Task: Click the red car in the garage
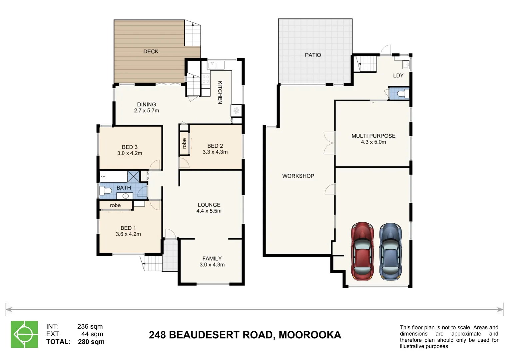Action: tap(362, 251)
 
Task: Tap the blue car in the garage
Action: tap(390, 252)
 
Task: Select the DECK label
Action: tap(151, 52)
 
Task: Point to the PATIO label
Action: tap(313, 55)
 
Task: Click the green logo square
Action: tap(24, 334)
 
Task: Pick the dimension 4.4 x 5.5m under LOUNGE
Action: tap(209, 211)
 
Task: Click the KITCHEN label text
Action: tap(220, 92)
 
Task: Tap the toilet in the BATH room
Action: tap(106, 190)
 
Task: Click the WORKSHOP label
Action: tap(298, 176)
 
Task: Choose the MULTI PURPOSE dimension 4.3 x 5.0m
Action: tap(373, 142)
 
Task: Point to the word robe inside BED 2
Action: tap(184, 143)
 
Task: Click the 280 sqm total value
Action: tap(91, 342)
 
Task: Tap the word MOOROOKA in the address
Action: tap(310, 335)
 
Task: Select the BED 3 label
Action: tap(130, 147)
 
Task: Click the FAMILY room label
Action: tap(212, 259)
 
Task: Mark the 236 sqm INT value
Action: tap(90, 327)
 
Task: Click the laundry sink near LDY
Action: tap(406, 65)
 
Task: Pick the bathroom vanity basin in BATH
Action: tap(125, 196)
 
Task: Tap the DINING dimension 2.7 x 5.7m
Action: tap(146, 111)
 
